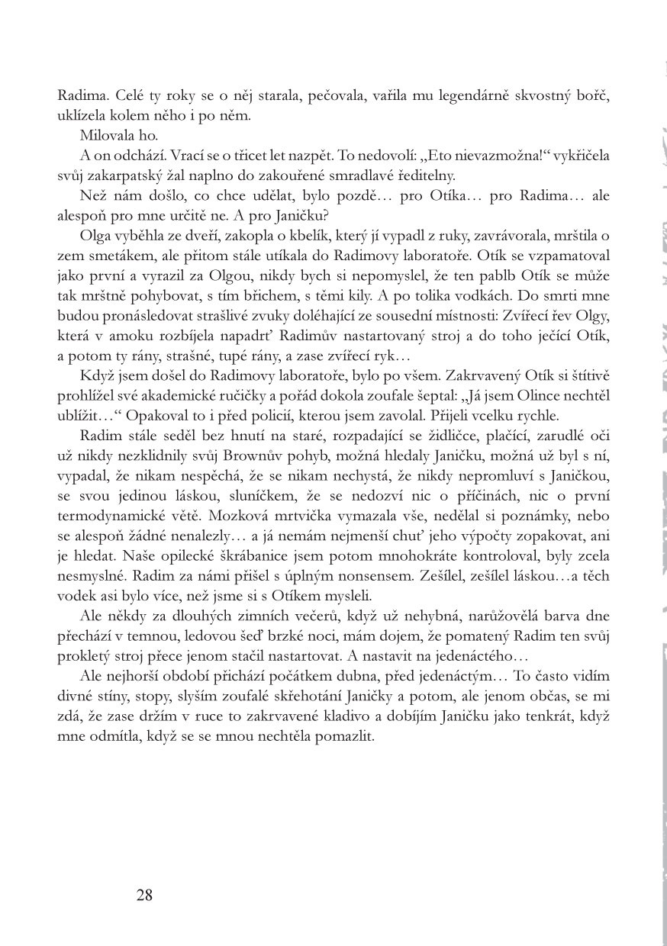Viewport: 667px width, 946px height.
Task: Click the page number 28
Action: coord(144,895)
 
